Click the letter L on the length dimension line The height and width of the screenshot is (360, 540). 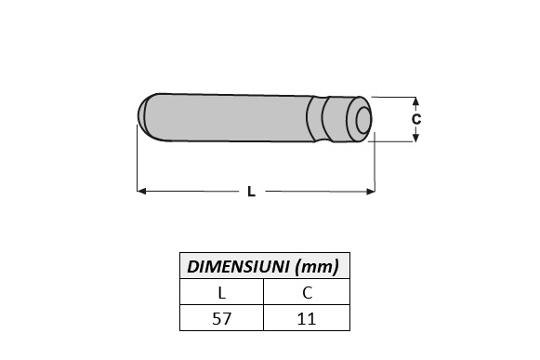[x=251, y=192]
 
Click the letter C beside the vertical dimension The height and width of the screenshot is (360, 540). [x=416, y=119]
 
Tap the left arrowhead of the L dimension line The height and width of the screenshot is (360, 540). [x=142, y=192]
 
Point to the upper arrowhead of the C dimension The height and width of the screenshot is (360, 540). [x=416, y=100]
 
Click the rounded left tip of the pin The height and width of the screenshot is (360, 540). [x=145, y=111]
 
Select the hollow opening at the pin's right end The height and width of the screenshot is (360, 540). [x=362, y=119]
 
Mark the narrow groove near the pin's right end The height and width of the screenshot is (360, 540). [x=322, y=118]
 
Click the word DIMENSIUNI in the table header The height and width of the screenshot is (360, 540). [x=238, y=267]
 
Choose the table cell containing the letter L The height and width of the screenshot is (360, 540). [x=221, y=293]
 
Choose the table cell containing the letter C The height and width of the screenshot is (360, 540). [x=307, y=293]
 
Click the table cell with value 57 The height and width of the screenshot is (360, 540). [x=221, y=318]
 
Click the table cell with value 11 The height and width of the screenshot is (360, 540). [x=307, y=318]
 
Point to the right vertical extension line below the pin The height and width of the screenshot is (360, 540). [x=375, y=167]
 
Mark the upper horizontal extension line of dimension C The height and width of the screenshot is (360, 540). [x=395, y=96]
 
